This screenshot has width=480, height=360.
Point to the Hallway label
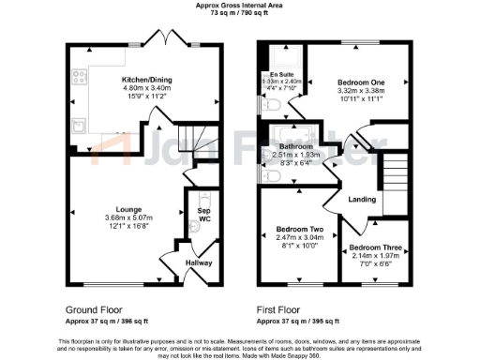click(x=199, y=263)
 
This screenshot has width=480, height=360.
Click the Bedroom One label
click(x=360, y=82)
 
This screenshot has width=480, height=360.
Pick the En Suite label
click(x=281, y=74)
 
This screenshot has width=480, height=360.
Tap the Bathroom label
click(x=291, y=145)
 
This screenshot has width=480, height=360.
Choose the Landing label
click(x=362, y=199)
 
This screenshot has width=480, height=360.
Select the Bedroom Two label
click(x=299, y=230)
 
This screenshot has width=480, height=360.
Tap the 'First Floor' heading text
click(x=278, y=308)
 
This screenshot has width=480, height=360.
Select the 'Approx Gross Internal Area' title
click(x=238, y=6)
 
